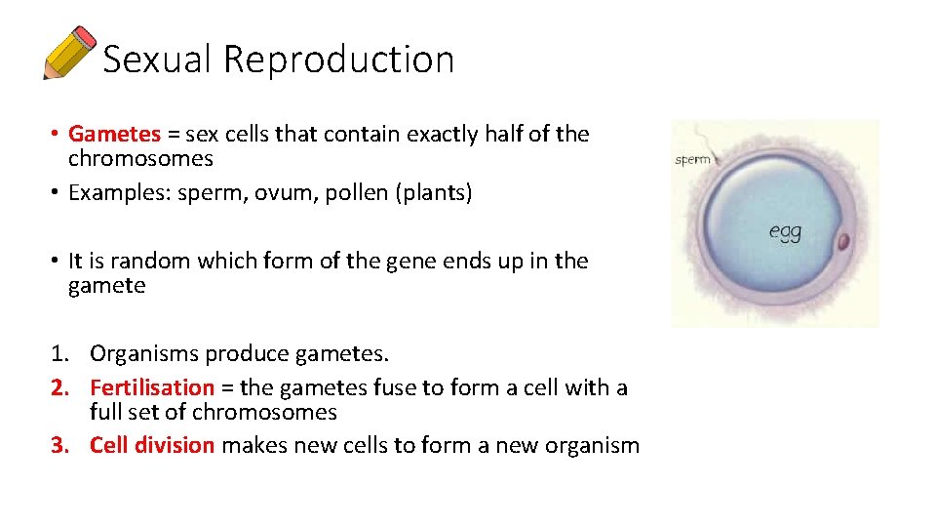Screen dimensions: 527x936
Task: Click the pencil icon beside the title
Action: point(69,53)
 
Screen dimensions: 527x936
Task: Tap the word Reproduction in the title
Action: point(338,60)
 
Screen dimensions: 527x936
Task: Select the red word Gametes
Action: point(114,134)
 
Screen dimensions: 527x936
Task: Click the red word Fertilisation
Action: point(151,387)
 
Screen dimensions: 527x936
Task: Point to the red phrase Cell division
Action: point(151,446)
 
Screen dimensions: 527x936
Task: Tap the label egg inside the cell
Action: point(785,231)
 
